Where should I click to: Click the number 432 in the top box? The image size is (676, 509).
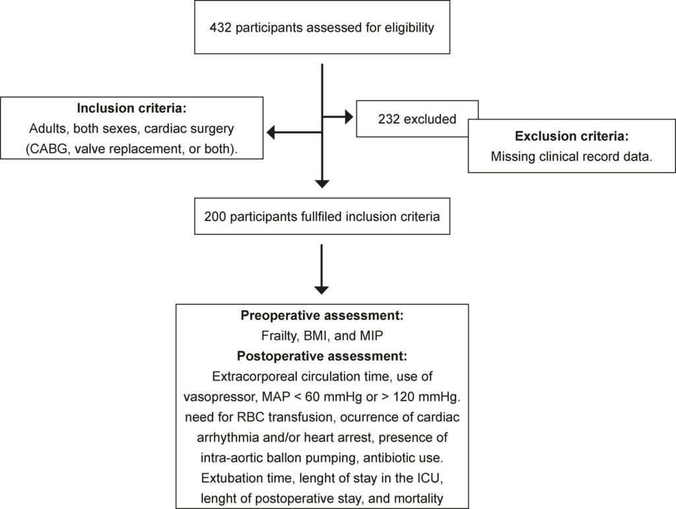220,28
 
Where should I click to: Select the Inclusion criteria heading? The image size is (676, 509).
132,108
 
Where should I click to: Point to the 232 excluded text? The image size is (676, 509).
417,119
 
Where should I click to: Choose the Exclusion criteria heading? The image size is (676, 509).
572,136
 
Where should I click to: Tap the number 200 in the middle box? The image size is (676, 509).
215,217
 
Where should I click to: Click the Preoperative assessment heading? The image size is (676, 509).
322,316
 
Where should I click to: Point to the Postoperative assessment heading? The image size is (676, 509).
322,356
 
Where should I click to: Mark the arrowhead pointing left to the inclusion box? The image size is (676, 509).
271,132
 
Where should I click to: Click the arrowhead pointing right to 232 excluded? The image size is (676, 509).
349,117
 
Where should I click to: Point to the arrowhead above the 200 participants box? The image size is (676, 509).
322,184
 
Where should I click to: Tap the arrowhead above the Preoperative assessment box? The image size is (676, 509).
321,290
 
